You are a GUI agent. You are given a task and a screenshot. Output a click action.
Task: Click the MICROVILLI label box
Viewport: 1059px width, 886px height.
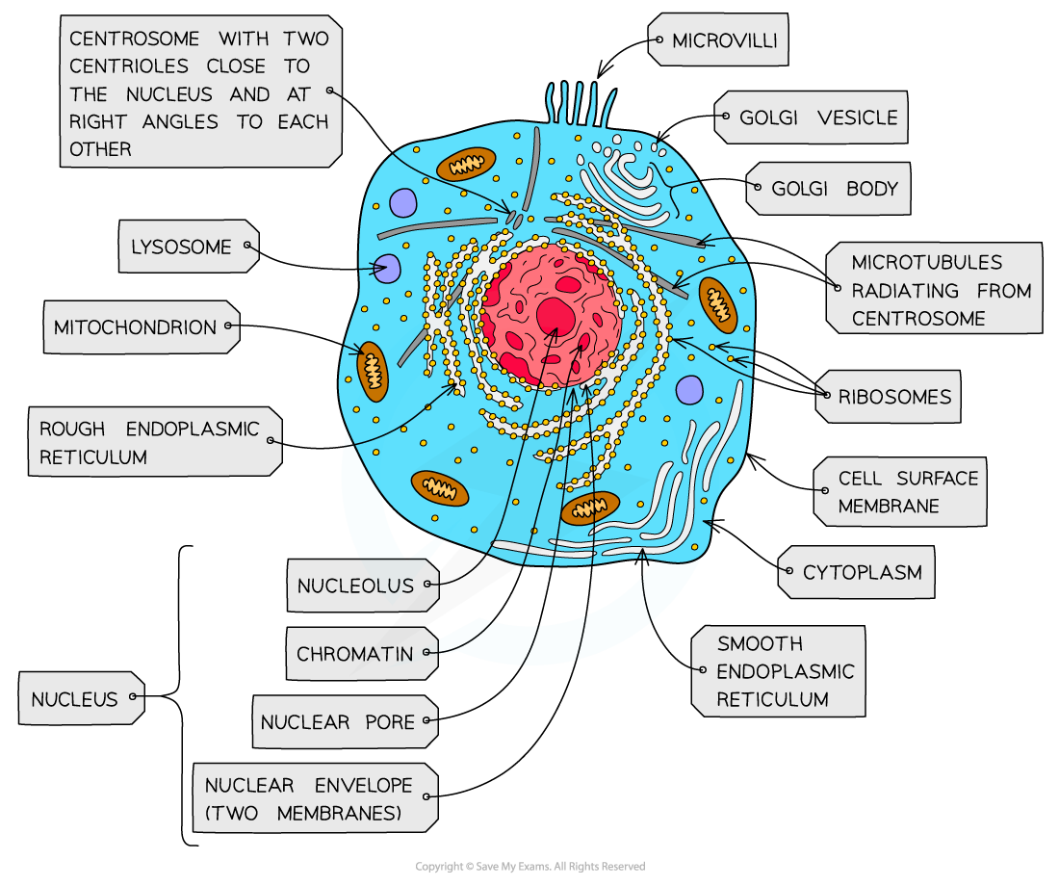(x=718, y=39)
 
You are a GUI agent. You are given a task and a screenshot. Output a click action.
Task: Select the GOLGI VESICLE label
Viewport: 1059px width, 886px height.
(x=811, y=117)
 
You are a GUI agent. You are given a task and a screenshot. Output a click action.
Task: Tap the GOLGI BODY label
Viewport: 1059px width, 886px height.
(x=828, y=189)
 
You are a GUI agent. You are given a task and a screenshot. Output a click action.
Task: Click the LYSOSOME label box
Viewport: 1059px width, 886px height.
(x=189, y=247)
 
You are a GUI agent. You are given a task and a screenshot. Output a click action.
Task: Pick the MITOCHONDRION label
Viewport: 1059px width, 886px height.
(x=142, y=327)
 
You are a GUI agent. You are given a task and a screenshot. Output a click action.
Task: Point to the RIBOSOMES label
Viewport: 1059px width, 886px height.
(x=889, y=397)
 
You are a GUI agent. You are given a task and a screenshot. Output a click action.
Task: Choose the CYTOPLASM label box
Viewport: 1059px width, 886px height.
(x=857, y=572)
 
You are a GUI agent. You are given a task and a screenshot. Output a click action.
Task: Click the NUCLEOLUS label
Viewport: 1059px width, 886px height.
(x=363, y=586)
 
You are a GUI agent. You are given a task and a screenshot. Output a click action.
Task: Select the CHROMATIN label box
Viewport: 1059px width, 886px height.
(x=362, y=654)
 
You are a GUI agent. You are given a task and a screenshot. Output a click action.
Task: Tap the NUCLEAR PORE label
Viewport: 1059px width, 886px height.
(x=345, y=721)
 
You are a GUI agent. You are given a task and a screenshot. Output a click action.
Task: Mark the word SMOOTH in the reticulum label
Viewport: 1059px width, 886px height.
(x=760, y=644)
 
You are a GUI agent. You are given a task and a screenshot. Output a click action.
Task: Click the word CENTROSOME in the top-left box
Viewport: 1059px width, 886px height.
(x=135, y=39)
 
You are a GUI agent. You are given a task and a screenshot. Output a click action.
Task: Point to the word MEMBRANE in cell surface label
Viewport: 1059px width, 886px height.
(x=889, y=507)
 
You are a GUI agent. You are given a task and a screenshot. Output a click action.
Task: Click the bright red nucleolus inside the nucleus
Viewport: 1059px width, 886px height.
(x=555, y=316)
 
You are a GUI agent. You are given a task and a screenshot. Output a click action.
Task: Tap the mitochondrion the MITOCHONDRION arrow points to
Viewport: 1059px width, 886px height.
(x=373, y=371)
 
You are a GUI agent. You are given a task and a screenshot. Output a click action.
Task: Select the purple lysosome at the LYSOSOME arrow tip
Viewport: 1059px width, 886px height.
(x=387, y=269)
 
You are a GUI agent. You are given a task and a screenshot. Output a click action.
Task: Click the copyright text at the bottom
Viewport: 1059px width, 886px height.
(x=530, y=867)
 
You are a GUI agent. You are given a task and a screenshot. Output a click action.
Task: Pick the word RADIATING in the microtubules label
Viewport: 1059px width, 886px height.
(x=905, y=291)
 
